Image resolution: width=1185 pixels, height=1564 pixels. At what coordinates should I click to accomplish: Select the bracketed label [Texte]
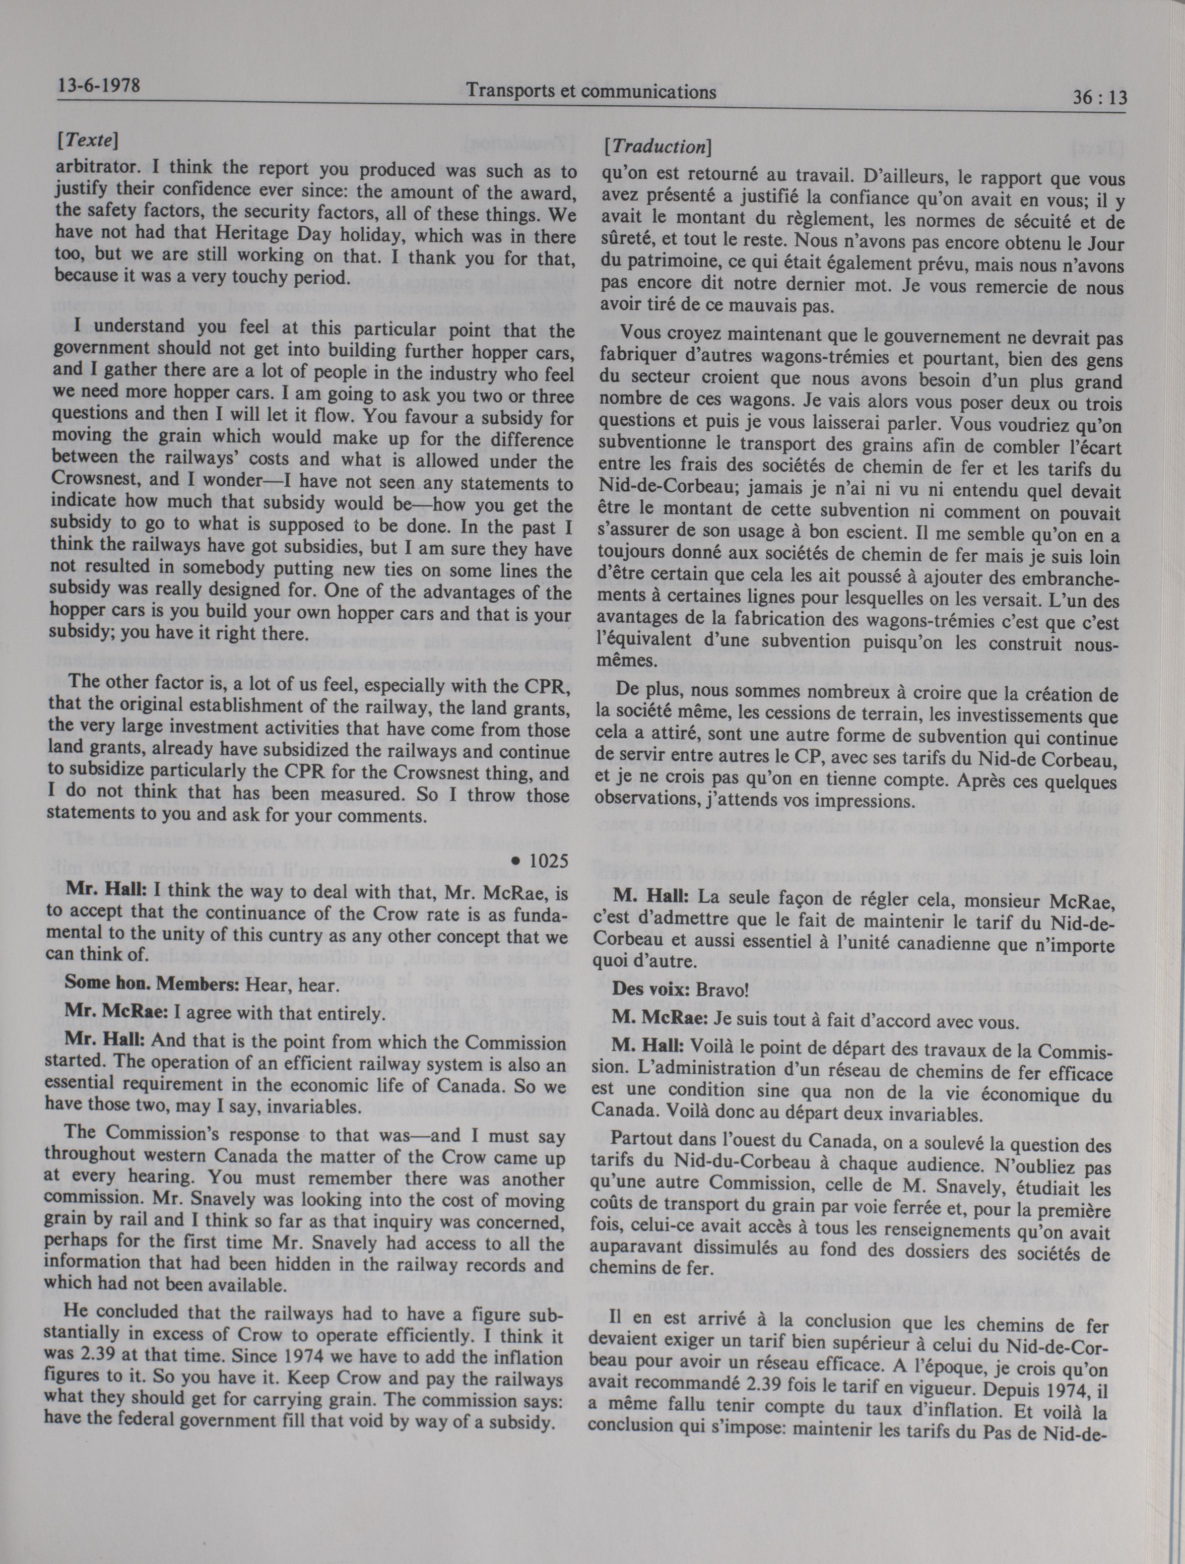click(x=88, y=140)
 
